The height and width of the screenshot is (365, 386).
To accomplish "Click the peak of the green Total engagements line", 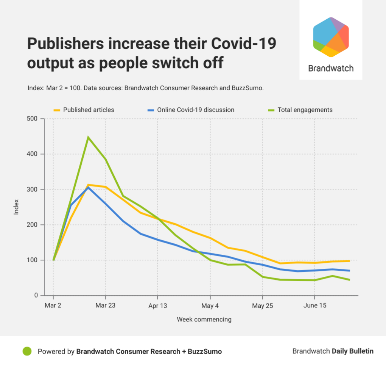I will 88,137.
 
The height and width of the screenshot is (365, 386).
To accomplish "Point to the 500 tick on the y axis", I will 33,119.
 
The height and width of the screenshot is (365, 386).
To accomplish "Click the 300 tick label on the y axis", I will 33,190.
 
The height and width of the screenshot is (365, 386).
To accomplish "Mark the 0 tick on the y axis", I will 36,296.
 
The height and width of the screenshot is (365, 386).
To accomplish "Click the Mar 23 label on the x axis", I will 105,305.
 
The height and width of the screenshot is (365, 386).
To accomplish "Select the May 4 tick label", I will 210,305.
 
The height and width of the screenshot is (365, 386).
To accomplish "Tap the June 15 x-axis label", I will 314,305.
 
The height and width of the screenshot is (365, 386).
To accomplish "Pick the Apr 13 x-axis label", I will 157,305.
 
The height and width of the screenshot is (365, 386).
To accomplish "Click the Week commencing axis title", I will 204,320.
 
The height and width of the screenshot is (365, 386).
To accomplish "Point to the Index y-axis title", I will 16,207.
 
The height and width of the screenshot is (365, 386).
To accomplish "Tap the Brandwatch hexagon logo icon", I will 331,37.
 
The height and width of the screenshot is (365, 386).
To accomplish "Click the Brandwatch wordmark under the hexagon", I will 331,69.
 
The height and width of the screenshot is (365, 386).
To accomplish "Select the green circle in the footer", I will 27,351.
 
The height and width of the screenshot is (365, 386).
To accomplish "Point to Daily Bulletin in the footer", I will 353,351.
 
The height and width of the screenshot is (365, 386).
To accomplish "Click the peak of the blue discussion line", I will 88,188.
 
